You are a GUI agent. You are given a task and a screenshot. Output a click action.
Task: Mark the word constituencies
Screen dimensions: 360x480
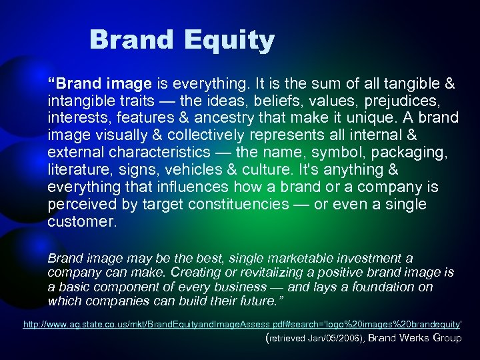pyautogui.click(x=241, y=204)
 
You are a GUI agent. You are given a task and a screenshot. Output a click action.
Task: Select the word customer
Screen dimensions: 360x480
pyautogui.click(x=80, y=221)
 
